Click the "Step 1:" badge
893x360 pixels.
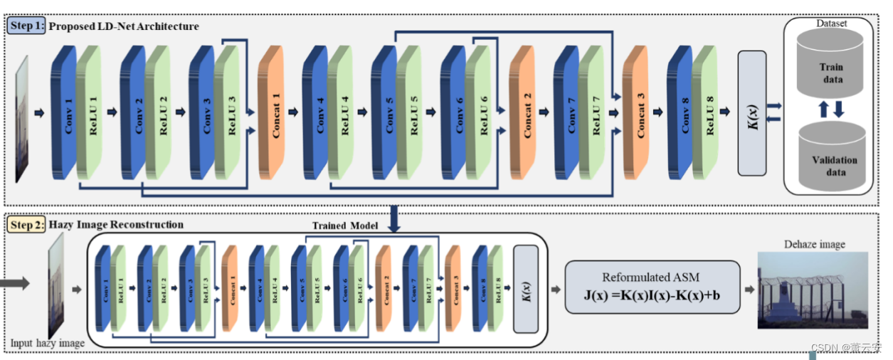tap(27, 26)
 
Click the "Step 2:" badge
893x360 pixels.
tap(27, 225)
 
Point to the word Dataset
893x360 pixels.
tap(830, 23)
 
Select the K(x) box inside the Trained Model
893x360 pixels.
tap(528, 288)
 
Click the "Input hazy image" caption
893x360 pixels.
tap(48, 343)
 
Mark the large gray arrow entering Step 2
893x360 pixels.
tap(16, 284)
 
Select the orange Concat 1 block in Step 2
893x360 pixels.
tap(231, 288)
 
